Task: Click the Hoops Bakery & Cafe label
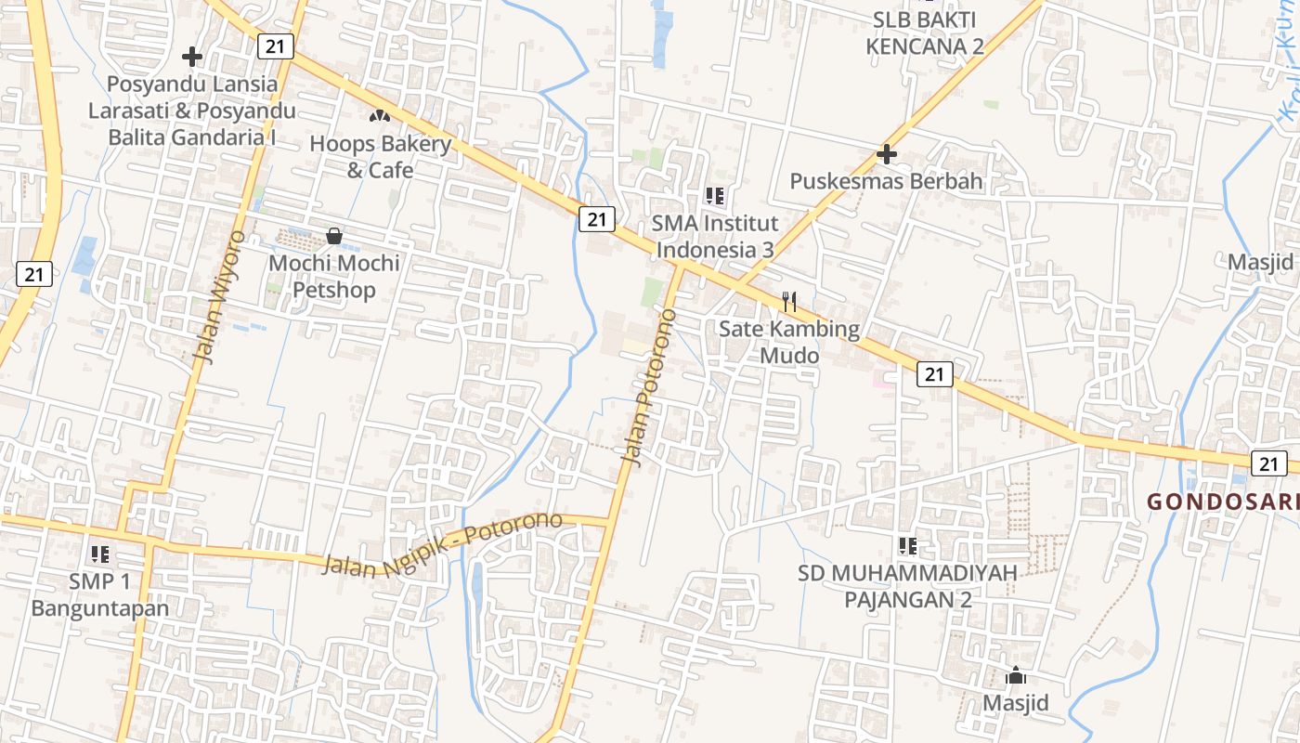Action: [x=380, y=157]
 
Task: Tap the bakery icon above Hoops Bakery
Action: [x=379, y=116]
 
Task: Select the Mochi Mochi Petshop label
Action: [x=334, y=276]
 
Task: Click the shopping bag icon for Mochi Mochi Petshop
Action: [x=334, y=236]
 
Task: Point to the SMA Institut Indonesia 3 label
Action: [x=714, y=236]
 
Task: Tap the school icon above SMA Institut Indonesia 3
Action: [x=714, y=195]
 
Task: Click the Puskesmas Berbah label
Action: [x=886, y=181]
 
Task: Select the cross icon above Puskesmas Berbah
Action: [x=887, y=153]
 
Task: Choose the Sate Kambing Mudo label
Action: [x=789, y=342]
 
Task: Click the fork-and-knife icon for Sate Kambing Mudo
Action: [x=789, y=301]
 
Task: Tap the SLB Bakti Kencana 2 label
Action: [x=925, y=33]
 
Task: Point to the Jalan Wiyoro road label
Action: [x=219, y=297]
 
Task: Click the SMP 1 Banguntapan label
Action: [x=100, y=595]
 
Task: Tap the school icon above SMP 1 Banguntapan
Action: [x=100, y=554]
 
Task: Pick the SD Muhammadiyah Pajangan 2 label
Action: [x=907, y=586]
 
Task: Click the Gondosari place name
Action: [x=1222, y=502]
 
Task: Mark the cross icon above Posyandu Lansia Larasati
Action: [x=192, y=57]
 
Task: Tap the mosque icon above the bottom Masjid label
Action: [x=1016, y=675]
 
